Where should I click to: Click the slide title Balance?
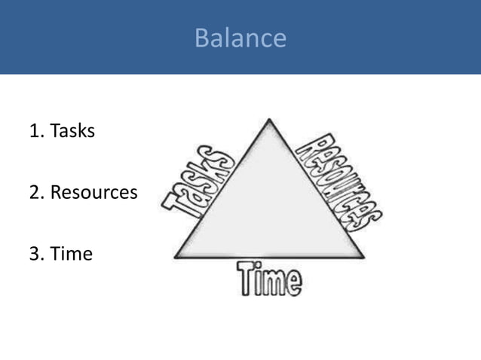pos(240,38)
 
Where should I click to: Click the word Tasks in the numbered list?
pos(72,131)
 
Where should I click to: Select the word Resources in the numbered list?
pos(93,193)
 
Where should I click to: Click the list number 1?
pos(35,131)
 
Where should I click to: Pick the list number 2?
pos(35,193)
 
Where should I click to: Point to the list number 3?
pos(35,254)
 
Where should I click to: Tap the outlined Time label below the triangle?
pos(269,278)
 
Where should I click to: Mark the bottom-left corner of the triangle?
pos(176,257)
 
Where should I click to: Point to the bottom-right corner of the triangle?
pos(363,257)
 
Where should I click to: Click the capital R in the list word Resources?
pos(57,193)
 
